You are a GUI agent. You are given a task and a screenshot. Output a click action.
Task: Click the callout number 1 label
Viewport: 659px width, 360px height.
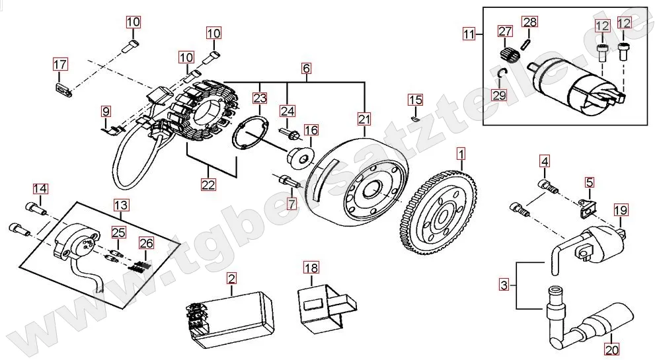pyautogui.click(x=461, y=154)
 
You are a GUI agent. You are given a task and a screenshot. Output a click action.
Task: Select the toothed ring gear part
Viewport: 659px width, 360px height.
pyautogui.click(x=438, y=213)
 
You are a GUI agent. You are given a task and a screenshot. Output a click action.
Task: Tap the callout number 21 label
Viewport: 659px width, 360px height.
pyautogui.click(x=364, y=120)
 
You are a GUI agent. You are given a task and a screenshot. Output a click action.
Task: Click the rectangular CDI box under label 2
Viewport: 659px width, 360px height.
pyautogui.click(x=230, y=319)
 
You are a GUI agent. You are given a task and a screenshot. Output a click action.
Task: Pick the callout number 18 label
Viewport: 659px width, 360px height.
pyautogui.click(x=311, y=268)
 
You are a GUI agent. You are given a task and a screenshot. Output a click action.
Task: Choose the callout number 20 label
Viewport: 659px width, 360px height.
pyautogui.click(x=612, y=349)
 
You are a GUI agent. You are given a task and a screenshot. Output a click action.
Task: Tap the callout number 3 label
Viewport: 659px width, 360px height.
pyautogui.click(x=504, y=285)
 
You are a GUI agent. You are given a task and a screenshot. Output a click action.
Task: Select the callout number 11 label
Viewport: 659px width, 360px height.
pyautogui.click(x=469, y=33)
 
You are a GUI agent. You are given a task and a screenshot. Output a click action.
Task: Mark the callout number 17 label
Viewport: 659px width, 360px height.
pyautogui.click(x=60, y=64)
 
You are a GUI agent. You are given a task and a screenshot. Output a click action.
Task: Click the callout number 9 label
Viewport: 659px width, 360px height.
pyautogui.click(x=106, y=112)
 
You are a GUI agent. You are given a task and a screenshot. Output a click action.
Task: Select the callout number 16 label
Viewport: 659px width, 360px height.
pyautogui.click(x=311, y=130)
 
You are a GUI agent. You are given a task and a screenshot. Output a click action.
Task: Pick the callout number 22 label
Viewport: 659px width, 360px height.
pyautogui.click(x=208, y=184)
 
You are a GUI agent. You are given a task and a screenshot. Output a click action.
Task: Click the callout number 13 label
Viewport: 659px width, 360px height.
pyautogui.click(x=121, y=205)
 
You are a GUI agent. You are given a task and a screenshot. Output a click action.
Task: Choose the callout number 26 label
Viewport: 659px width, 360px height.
pyautogui.click(x=146, y=243)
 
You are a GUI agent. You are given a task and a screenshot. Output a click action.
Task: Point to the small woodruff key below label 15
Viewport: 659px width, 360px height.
pyautogui.click(x=415, y=119)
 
